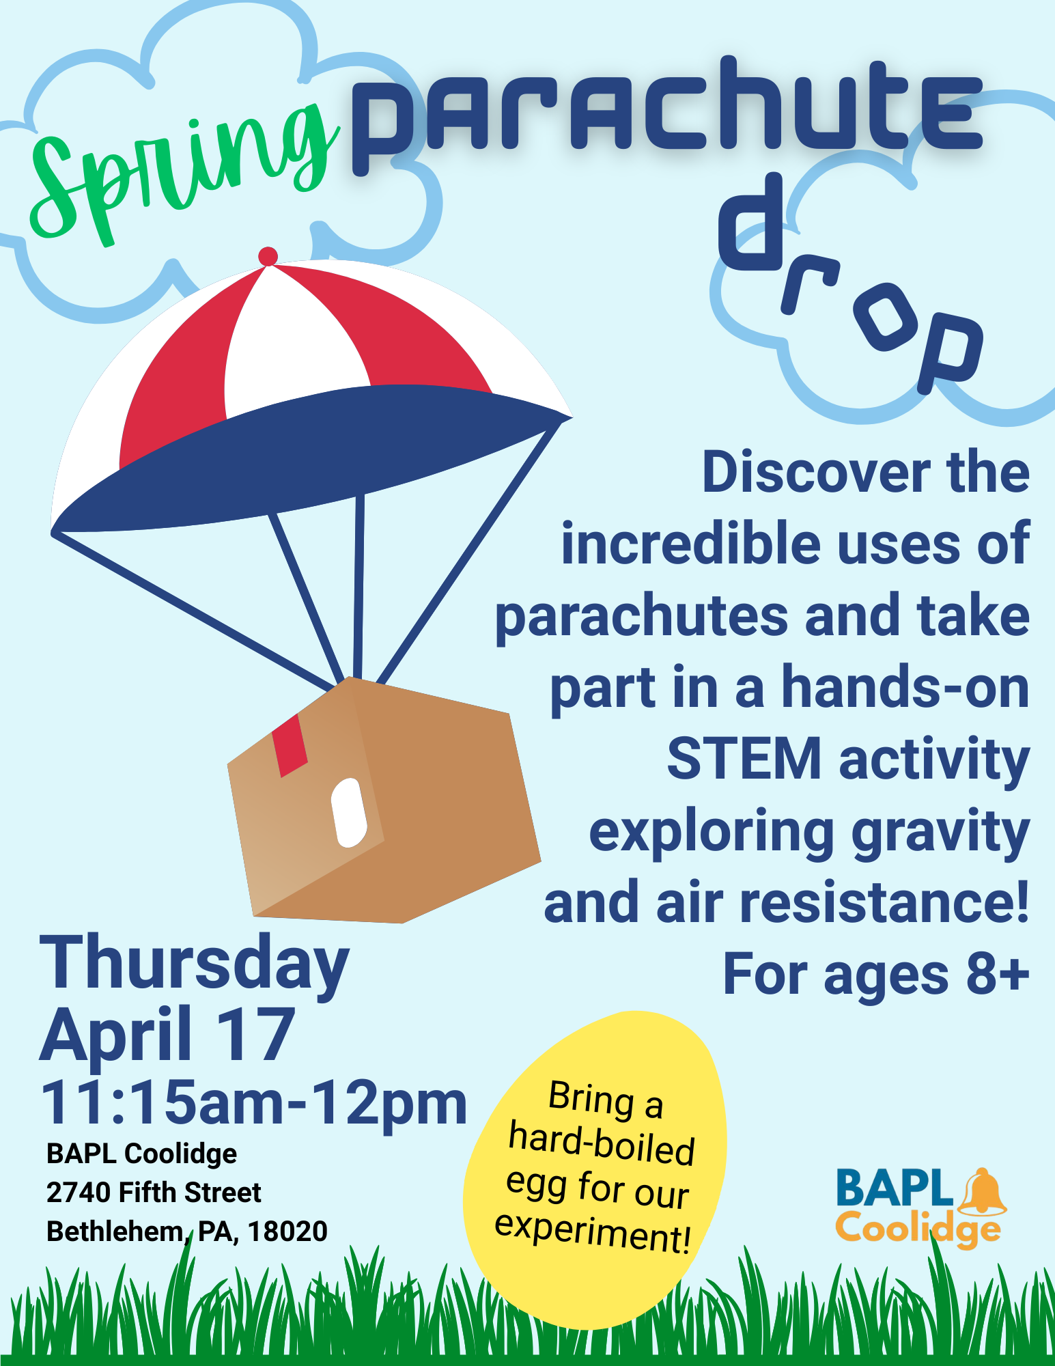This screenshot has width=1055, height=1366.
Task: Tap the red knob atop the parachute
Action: [268, 256]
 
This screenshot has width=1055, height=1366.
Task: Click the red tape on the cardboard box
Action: [290, 746]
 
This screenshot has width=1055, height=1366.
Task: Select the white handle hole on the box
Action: [349, 812]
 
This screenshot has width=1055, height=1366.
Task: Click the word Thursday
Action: [195, 963]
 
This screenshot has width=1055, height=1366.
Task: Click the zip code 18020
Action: [287, 1231]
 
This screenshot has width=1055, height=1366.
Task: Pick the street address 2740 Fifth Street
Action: [154, 1193]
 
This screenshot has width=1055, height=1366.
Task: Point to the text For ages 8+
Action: [876, 973]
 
